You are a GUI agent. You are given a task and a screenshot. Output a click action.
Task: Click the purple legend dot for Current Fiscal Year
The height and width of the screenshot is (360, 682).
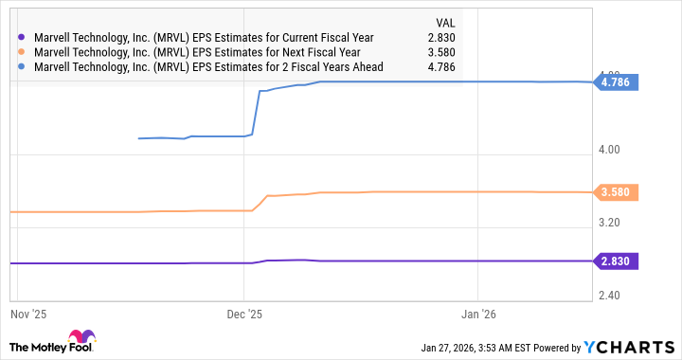point(22,37)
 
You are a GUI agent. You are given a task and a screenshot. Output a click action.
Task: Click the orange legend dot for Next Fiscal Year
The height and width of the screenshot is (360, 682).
point(22,52)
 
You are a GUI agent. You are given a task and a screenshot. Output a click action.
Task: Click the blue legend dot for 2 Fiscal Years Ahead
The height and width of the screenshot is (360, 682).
point(22,67)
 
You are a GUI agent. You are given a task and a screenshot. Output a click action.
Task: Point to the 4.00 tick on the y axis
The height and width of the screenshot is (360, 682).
point(611,150)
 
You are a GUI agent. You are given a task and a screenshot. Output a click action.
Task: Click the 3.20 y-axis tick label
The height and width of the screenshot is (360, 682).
point(611,223)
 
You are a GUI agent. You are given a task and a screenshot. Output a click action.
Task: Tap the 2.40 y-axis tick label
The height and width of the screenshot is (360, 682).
point(611,296)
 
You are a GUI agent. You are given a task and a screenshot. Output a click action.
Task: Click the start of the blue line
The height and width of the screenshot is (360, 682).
point(139,138)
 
